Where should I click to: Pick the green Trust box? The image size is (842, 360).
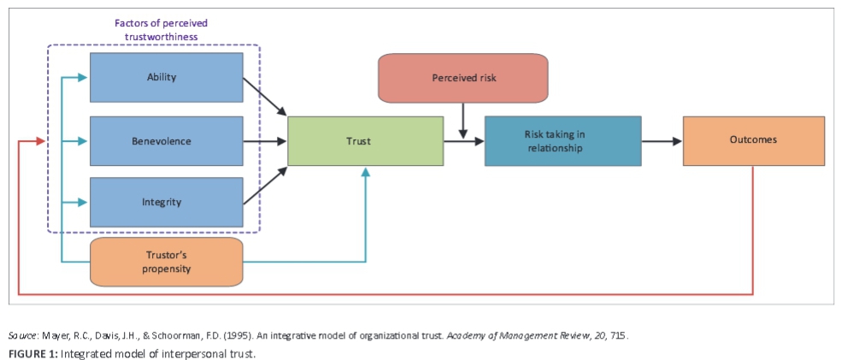click(365, 141)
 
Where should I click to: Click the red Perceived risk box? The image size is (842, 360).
click(462, 78)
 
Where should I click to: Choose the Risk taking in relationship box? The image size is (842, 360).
click(562, 141)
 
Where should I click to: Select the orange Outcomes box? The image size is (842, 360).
click(753, 140)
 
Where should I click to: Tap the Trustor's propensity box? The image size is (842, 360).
click(166, 262)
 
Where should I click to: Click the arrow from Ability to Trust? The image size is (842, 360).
click(265, 96)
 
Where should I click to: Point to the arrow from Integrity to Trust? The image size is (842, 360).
click(265, 186)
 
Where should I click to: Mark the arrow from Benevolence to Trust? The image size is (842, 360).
click(266, 140)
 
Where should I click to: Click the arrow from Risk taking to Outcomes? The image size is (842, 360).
click(662, 141)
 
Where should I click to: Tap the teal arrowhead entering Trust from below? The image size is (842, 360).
click(365, 172)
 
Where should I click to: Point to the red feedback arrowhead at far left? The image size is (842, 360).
click(39, 141)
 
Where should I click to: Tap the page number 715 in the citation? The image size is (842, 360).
click(619, 335)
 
